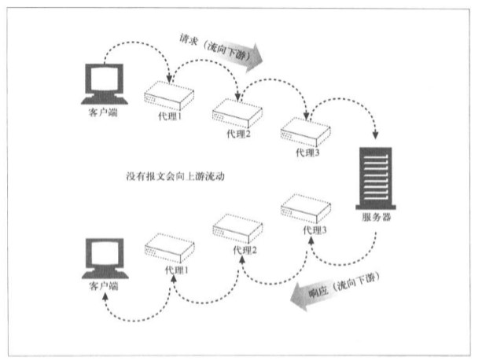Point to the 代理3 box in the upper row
point(305,132)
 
